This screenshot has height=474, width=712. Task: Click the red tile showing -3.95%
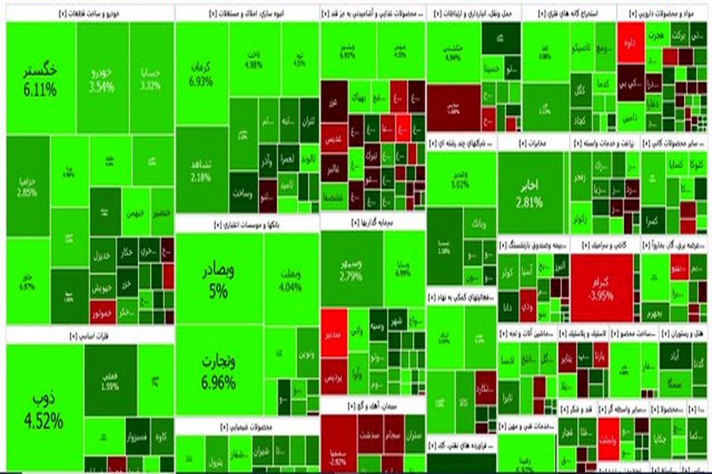click(x=601, y=287)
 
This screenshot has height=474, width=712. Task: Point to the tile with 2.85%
click(x=27, y=187)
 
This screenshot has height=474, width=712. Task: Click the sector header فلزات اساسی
click(x=89, y=335)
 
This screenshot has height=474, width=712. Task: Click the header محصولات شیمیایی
click(x=246, y=427)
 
